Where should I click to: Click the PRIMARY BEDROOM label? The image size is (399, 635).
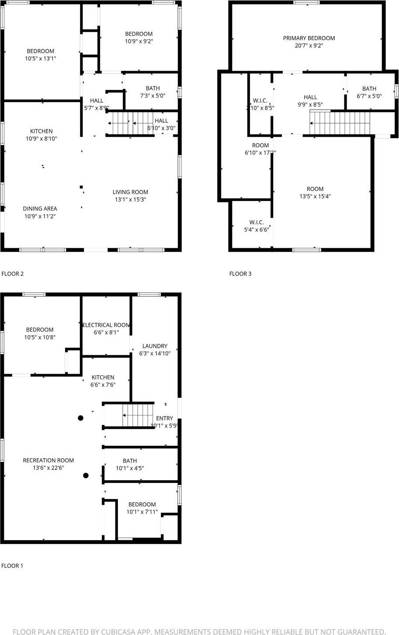coord(309,38)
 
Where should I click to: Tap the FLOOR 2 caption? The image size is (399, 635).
coord(13,274)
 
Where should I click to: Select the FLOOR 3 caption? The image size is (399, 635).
coord(240,274)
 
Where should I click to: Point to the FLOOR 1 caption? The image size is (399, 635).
coord(12,566)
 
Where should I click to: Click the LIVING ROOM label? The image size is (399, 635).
coord(130,192)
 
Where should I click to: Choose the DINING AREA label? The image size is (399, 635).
coord(40,208)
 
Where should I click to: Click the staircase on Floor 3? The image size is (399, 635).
coord(340,123)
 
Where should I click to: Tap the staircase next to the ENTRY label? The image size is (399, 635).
coord(138,415)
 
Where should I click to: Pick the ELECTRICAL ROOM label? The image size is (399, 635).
coord(106,325)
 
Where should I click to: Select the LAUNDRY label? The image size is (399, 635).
coord(155,346)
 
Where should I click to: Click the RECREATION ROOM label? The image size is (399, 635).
coord(48,460)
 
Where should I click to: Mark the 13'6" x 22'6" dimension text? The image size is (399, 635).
coord(48,468)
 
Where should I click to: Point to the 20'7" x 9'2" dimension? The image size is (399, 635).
coord(309,45)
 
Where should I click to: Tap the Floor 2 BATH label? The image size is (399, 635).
coord(153,88)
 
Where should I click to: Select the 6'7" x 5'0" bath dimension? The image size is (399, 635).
coord(369,96)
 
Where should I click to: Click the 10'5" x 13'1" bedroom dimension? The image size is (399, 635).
coord(40,59)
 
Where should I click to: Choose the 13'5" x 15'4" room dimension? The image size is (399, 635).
coord(315,197)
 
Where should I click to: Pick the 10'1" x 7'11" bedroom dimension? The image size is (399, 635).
coord(142,512)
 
